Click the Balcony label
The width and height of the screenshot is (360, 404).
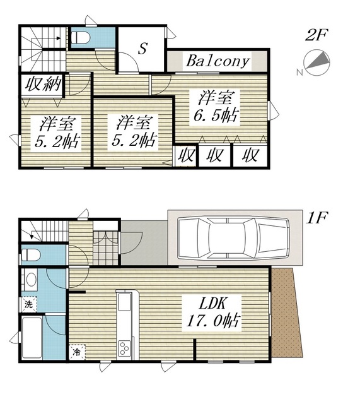pos(218,61)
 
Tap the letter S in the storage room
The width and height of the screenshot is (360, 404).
pos(142,48)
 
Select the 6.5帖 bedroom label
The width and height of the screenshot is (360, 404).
pos(216,108)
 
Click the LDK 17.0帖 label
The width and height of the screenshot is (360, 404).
pos(213,313)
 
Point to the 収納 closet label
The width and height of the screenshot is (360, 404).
pos(43,84)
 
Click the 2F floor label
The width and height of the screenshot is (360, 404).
pos(316,35)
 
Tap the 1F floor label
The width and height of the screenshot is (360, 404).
pos(316,218)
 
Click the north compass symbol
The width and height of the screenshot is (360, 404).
pos(316,63)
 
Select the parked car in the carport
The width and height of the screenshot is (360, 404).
pos(233,237)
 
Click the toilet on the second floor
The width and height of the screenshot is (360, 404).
pos(80,38)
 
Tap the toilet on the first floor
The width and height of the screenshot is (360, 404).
pos(31,255)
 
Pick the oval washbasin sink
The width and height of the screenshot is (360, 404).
pos(32,280)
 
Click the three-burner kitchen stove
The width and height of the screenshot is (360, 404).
pos(125,348)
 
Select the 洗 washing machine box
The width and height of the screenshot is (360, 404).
pos(28,304)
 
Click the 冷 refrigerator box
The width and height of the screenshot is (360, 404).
pos(77,352)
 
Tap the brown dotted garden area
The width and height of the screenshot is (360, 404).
pos(286,312)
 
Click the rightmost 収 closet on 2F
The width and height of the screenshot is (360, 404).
pos(250,155)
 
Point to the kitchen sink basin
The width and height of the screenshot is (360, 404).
pos(125,302)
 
